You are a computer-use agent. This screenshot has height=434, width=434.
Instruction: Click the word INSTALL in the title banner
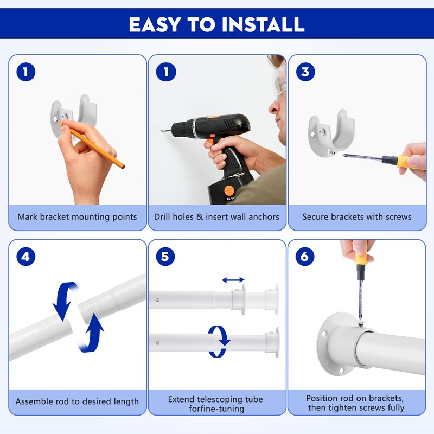(x=263, y=24)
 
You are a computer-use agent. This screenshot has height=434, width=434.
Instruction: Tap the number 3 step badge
(x=305, y=72)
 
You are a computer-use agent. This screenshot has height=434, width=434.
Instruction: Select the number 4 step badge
(x=25, y=257)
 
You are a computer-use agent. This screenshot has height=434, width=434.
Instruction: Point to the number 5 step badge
(x=165, y=257)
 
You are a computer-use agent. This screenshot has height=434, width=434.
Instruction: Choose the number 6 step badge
(x=305, y=257)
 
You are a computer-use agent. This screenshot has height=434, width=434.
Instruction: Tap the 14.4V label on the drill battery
(x=230, y=198)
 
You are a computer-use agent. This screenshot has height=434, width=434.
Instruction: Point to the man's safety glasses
(x=279, y=80)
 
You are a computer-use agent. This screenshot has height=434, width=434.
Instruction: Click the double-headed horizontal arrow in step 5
(x=233, y=280)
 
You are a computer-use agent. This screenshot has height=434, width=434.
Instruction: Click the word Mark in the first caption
(x=28, y=216)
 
